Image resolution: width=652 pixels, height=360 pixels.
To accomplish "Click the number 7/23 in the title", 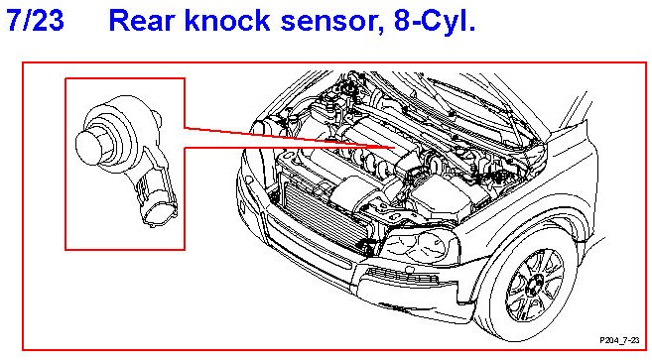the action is [36, 20].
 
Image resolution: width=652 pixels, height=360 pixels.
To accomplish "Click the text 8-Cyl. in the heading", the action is [434, 21].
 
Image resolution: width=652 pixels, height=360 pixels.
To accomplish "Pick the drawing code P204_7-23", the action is [619, 340].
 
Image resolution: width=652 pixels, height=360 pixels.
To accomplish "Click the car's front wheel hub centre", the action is [534, 286].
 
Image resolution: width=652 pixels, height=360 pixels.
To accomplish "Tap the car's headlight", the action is [420, 246].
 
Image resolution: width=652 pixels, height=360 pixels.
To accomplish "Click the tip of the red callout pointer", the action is [394, 147].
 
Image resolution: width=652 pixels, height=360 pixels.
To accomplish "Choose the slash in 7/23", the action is [27, 20].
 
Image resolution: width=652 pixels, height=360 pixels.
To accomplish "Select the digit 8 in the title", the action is [402, 20].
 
